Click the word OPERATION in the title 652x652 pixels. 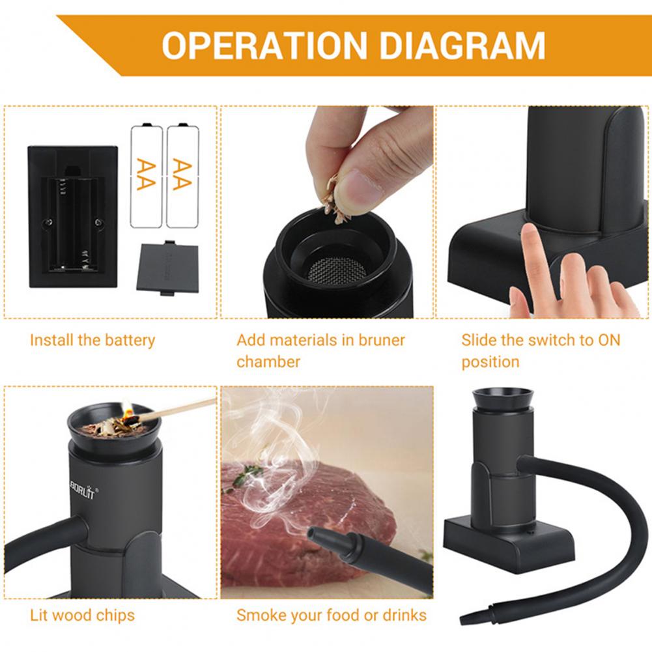pyautogui.click(x=264, y=46)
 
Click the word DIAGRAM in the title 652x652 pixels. pyautogui.click(x=462, y=46)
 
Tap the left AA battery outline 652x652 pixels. pyautogui.click(x=147, y=175)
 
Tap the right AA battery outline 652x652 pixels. pyautogui.click(x=182, y=175)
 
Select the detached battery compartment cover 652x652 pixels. pyautogui.click(x=167, y=268)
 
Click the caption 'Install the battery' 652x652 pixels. pyautogui.click(x=92, y=340)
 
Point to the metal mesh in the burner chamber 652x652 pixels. pyautogui.click(x=336, y=270)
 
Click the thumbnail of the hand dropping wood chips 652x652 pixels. pyautogui.click(x=327, y=212)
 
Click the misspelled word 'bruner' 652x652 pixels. pyautogui.click(x=381, y=340)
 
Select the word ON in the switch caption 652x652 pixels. pyautogui.click(x=609, y=340)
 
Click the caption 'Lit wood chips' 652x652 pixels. pyautogui.click(x=82, y=615)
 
